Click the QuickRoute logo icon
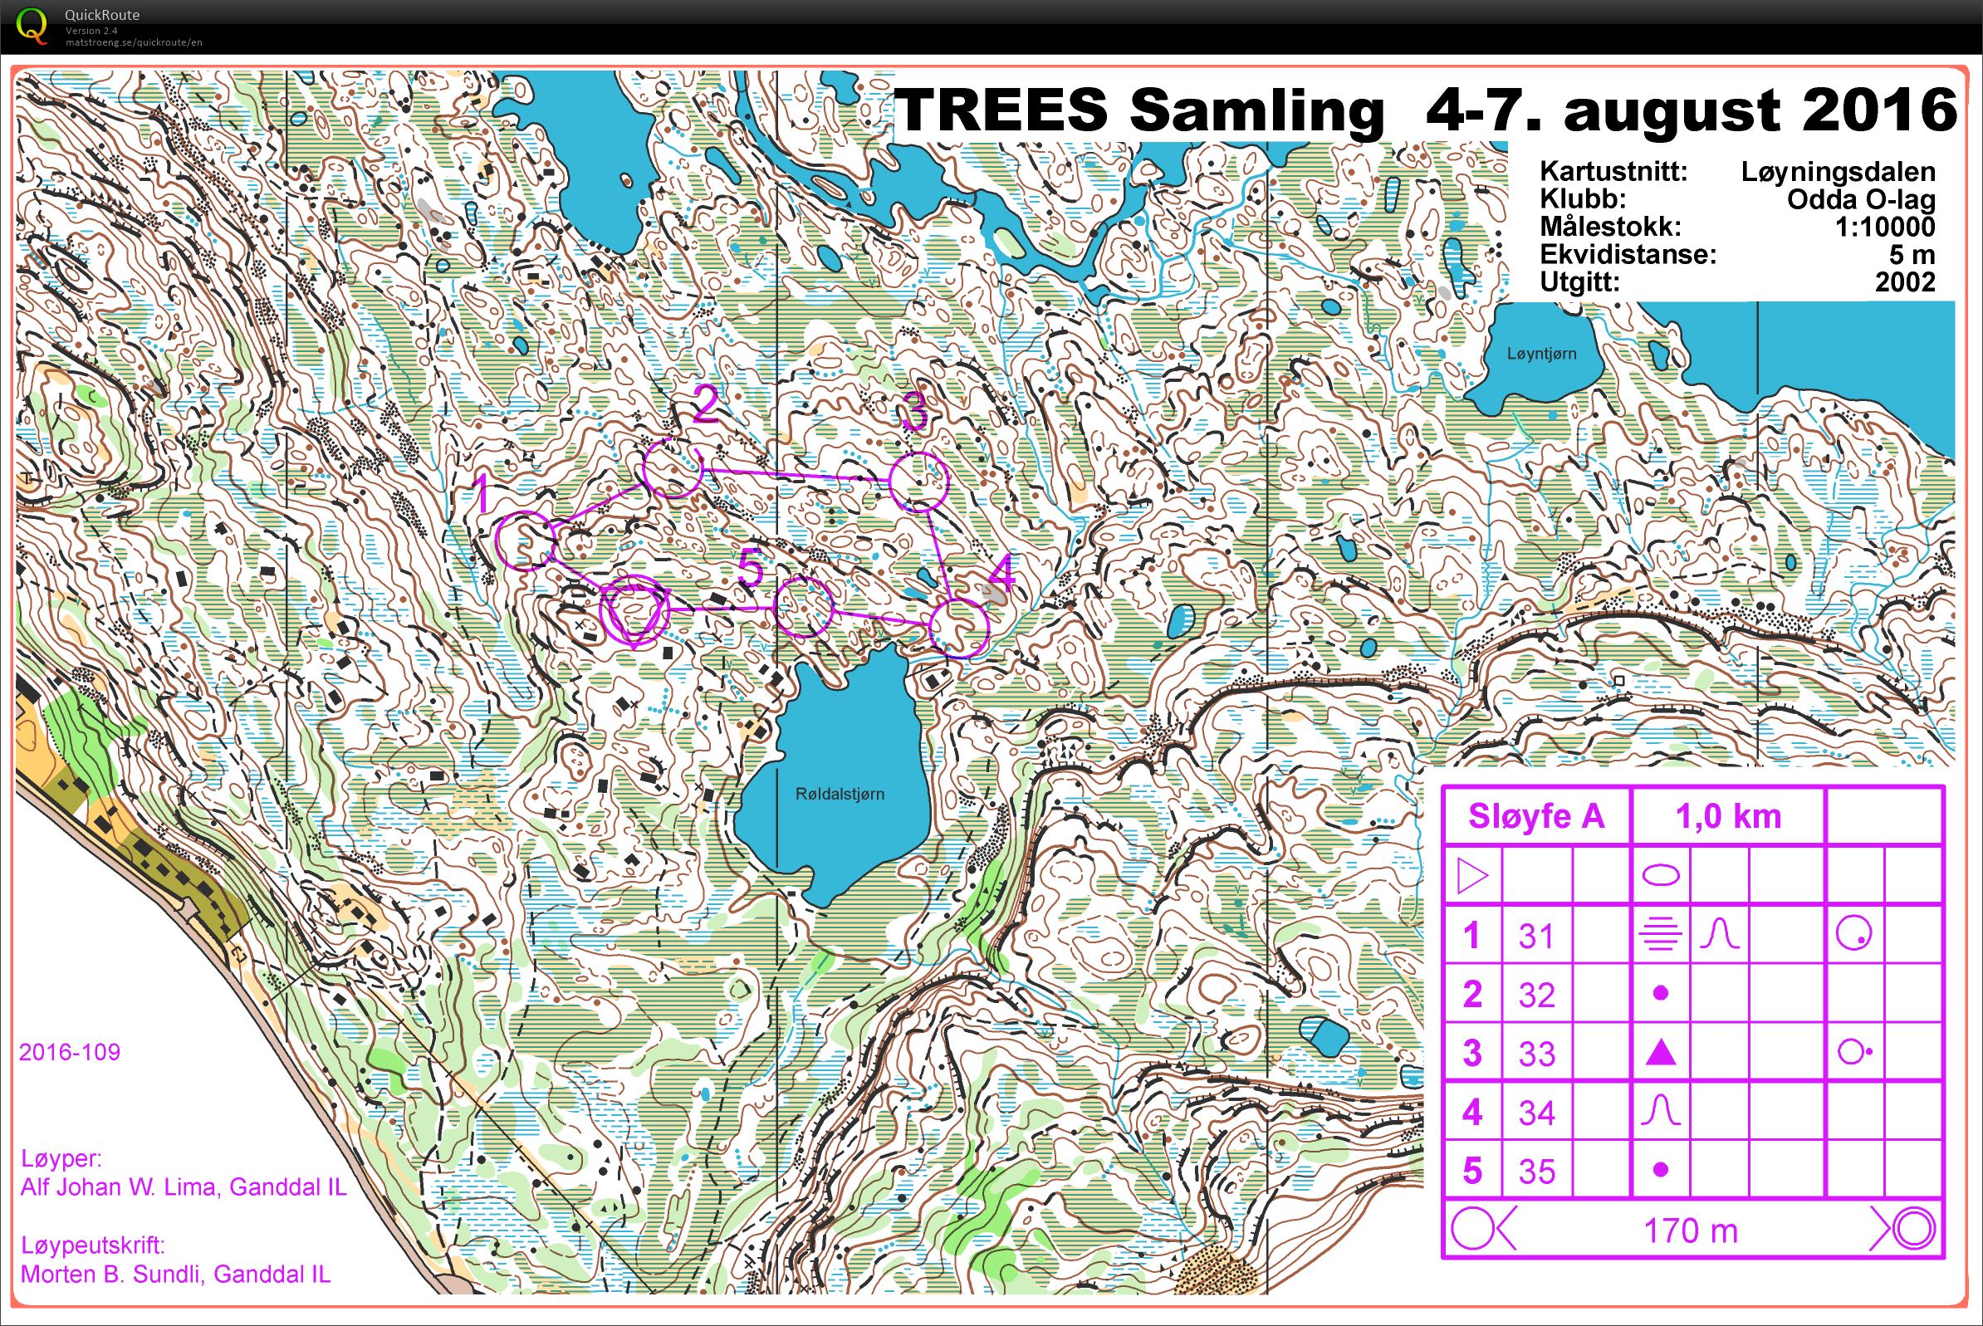32,26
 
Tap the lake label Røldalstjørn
840,794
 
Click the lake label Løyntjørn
1540,355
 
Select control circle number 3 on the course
918,482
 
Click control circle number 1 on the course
524,541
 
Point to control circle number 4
958,629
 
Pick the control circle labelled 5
803,607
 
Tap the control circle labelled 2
673,467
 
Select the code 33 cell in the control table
1536,1054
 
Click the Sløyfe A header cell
1535,816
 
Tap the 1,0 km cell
1727,816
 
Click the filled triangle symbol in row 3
1660,1054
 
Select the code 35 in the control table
1536,1172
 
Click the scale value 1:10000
1884,227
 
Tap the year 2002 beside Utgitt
1904,281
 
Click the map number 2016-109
70,1052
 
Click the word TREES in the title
1001,110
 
